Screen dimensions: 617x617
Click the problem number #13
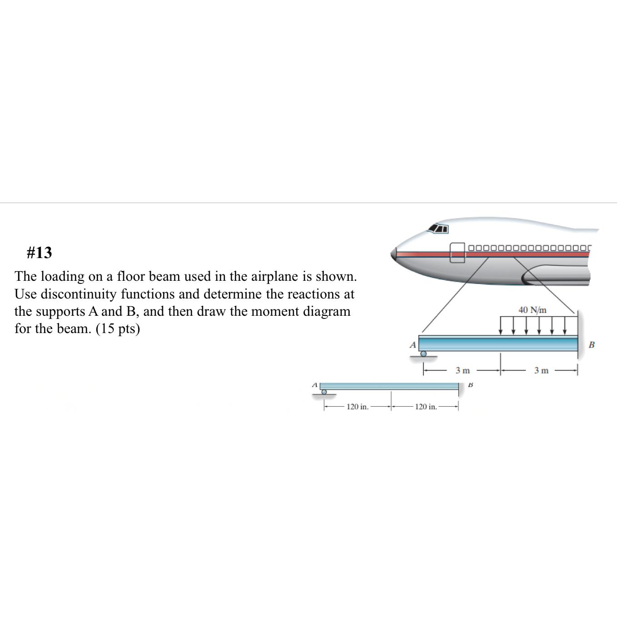point(39,253)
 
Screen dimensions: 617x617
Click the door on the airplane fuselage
point(458,252)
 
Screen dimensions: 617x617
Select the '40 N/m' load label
point(532,310)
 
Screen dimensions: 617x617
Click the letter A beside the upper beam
point(413,345)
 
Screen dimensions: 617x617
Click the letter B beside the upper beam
point(592,344)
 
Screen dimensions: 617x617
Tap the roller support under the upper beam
point(423,354)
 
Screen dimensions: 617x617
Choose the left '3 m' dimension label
point(463,371)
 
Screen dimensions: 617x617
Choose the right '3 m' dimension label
point(541,371)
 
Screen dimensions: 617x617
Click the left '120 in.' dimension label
point(357,407)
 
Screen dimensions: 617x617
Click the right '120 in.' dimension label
point(426,407)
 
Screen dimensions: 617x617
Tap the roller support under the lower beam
point(324,392)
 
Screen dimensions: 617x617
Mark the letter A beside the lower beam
point(313,385)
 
